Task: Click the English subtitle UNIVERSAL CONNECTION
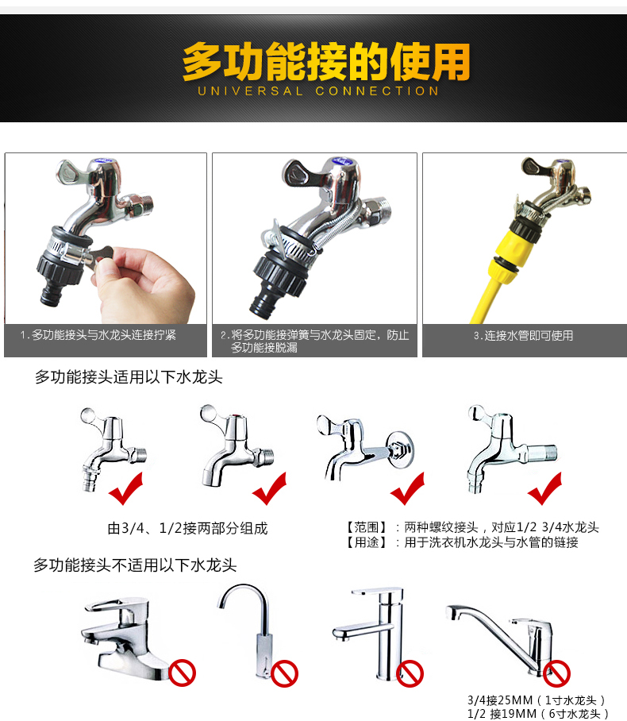[318, 91]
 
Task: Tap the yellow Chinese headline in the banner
[326, 61]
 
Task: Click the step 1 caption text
[98, 335]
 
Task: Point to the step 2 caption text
[315, 341]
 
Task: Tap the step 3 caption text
[524, 336]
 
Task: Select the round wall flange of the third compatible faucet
[399, 449]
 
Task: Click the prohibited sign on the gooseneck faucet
[285, 673]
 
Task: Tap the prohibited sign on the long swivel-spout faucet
[556, 673]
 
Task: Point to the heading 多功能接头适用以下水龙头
[129, 377]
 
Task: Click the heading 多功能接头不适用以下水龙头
[135, 565]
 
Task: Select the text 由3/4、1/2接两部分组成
[187, 528]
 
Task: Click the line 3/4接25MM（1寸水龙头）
[537, 700]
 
